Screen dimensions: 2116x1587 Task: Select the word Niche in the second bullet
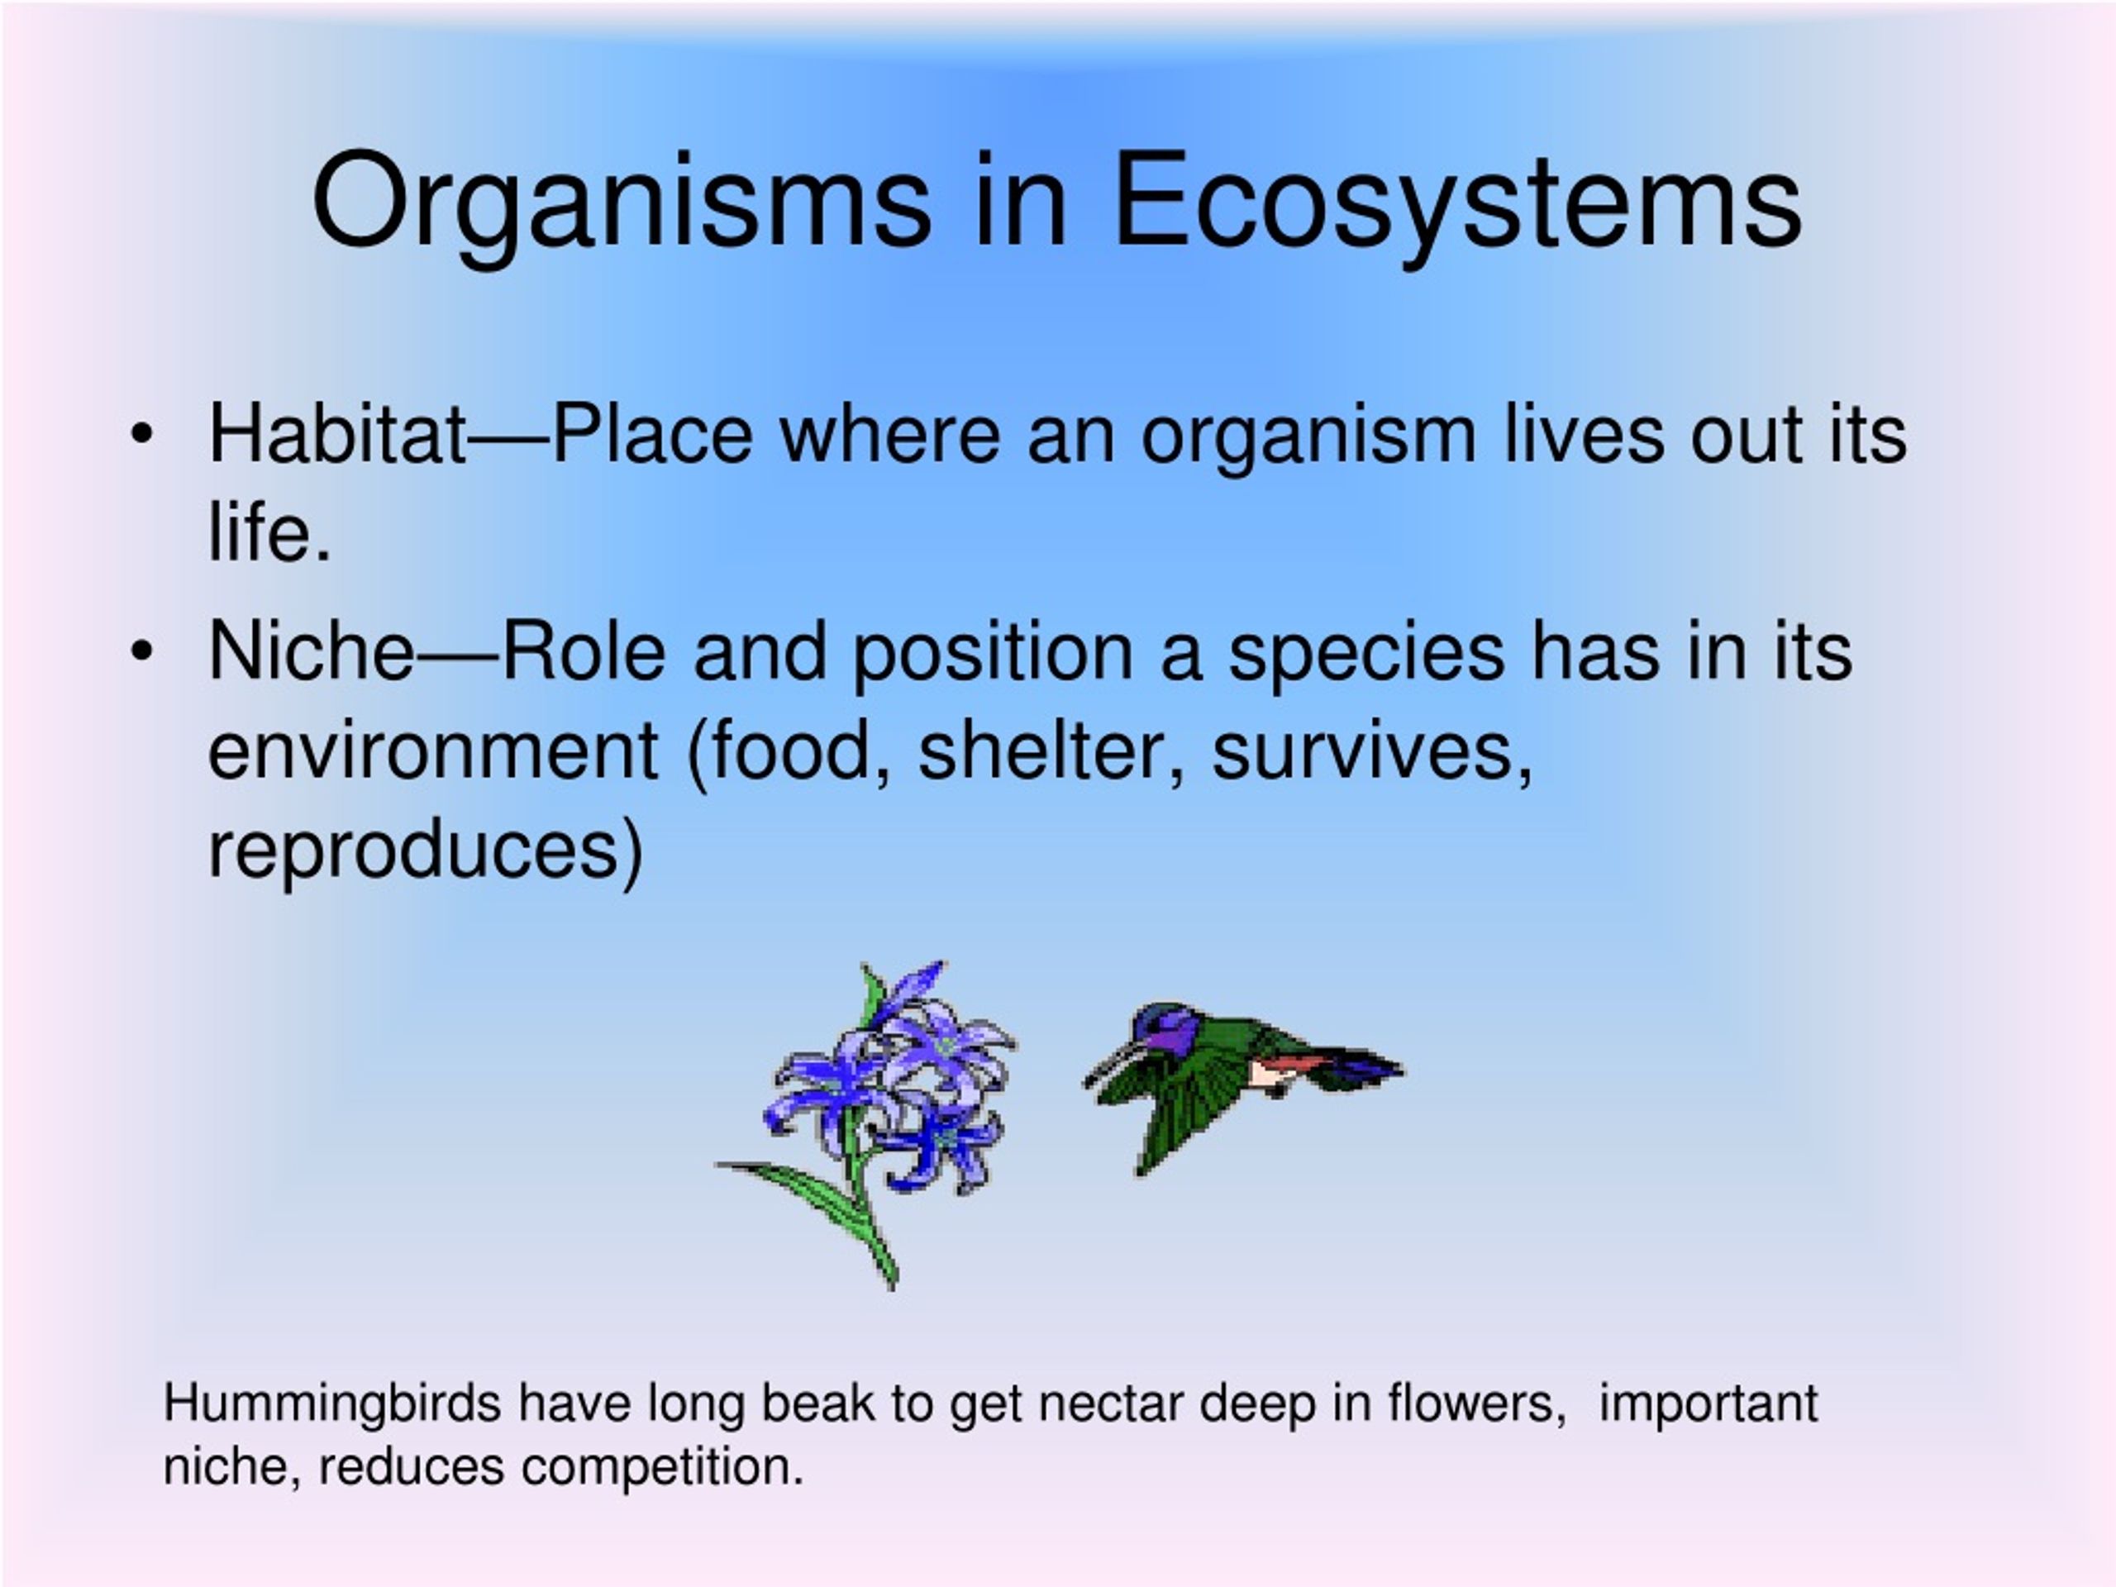(x=312, y=651)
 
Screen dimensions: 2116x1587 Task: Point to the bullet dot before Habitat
(x=141, y=434)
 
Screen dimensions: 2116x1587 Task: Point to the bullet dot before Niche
(x=141, y=651)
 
